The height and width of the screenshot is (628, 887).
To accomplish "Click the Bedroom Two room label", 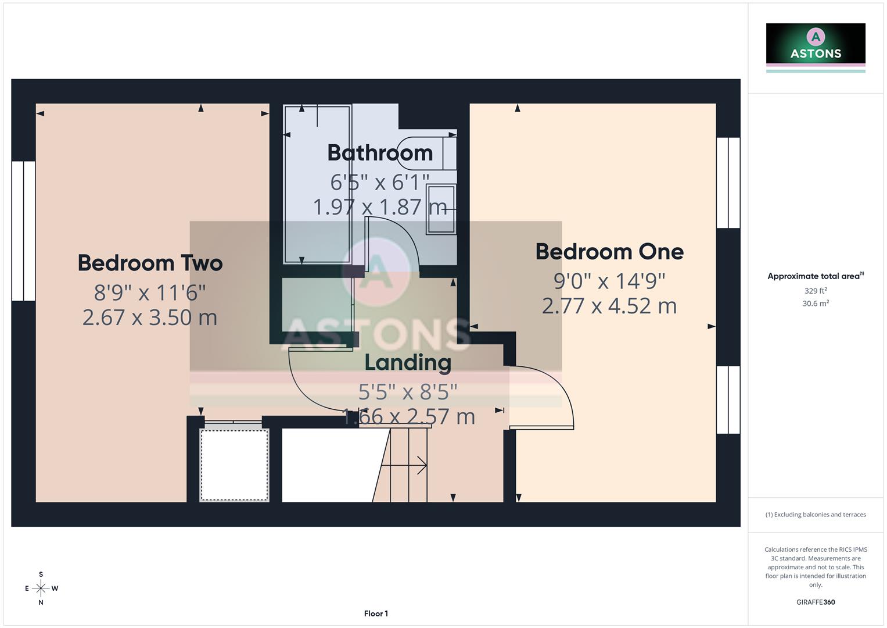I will [150, 263].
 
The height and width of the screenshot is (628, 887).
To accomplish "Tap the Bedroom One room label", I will [609, 252].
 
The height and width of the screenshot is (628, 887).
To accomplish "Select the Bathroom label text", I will [380, 153].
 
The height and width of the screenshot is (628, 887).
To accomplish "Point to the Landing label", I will [408, 362].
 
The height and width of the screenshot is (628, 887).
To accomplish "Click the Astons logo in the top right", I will [816, 47].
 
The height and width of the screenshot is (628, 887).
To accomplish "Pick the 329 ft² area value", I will [816, 291].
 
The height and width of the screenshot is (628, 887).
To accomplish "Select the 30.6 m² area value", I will [816, 304].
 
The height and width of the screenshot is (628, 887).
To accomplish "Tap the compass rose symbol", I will [41, 588].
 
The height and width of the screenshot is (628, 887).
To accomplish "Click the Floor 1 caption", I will [376, 613].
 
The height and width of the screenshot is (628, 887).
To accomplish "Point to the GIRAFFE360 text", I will [816, 602].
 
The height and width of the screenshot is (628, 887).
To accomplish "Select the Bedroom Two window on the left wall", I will [23, 231].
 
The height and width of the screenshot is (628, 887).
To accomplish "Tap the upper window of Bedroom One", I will [728, 183].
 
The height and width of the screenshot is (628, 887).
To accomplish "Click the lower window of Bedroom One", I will [728, 399].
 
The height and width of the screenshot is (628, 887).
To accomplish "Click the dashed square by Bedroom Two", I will [234, 465].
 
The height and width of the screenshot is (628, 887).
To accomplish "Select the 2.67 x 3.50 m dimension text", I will [150, 317].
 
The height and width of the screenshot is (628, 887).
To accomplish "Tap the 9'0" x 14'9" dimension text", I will [609, 281].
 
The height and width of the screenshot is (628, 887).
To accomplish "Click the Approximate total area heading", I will [815, 276].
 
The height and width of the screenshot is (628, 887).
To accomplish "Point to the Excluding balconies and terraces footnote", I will [816, 515].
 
